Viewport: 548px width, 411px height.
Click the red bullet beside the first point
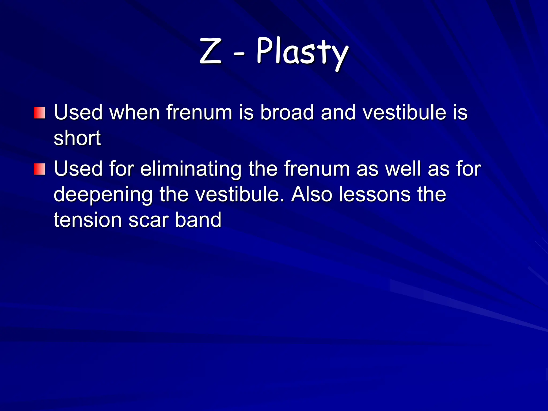click(x=39, y=113)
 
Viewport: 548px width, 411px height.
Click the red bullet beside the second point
click(x=39, y=169)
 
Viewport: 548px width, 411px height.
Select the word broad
click(x=287, y=112)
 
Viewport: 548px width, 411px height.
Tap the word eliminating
click(x=191, y=169)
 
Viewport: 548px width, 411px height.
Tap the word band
click(x=198, y=220)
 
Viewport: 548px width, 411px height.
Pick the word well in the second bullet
click(x=403, y=169)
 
